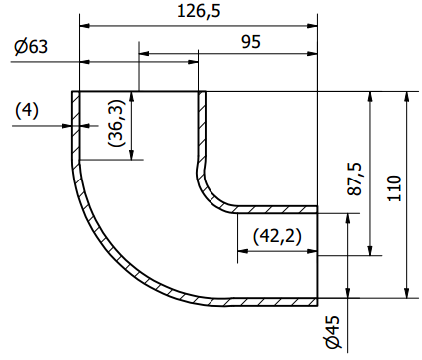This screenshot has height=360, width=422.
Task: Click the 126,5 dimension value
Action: [x=199, y=11]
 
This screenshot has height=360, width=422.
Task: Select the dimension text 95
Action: [x=251, y=42]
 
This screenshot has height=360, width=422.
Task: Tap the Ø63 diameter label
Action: [x=31, y=47]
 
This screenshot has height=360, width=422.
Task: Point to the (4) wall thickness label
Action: [x=27, y=111]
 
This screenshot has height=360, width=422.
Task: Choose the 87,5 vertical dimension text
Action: [x=354, y=179]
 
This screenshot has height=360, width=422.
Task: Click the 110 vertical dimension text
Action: [x=395, y=188]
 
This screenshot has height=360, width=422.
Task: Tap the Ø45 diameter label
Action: [x=333, y=332]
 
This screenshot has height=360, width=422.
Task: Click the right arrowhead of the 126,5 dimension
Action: [x=312, y=26]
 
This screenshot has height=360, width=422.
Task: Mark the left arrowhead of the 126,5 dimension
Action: [x=85, y=26]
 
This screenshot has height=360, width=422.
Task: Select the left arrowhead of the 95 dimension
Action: [x=144, y=53]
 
